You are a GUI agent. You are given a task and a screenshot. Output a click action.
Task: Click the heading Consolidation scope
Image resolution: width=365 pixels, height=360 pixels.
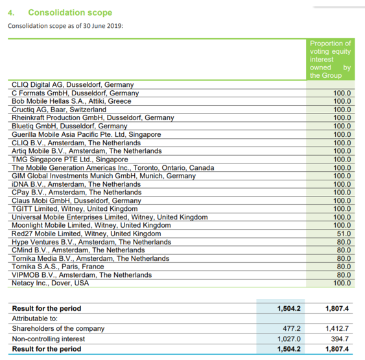pyautogui.click(x=70, y=12)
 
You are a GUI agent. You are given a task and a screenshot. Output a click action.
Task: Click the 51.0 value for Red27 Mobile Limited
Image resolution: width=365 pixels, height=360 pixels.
pyautogui.click(x=344, y=234)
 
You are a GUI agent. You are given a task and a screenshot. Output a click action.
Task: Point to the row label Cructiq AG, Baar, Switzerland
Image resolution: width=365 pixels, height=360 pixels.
pyautogui.click(x=59, y=110)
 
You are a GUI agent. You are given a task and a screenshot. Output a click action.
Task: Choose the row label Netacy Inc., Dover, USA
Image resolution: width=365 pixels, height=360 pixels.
pyautogui.click(x=51, y=283)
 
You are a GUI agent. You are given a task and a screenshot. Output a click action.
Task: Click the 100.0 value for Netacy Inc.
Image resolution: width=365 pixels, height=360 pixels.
pyautogui.click(x=342, y=283)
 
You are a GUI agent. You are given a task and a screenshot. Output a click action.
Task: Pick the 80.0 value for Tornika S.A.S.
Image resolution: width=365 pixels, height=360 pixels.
pyautogui.click(x=344, y=267)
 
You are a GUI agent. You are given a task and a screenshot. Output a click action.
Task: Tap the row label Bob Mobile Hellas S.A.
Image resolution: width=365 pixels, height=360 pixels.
pyautogui.click(x=71, y=101)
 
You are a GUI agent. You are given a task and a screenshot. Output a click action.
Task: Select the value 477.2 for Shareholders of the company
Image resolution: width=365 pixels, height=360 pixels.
pyautogui.click(x=292, y=329)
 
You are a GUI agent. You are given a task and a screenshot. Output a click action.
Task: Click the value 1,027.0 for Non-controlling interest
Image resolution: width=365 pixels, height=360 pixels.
pyautogui.click(x=289, y=339)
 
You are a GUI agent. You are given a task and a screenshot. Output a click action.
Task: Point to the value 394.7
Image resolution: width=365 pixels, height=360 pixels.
pyautogui.click(x=340, y=339)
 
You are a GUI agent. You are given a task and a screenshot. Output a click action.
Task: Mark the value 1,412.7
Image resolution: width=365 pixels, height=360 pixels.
pyautogui.click(x=337, y=329)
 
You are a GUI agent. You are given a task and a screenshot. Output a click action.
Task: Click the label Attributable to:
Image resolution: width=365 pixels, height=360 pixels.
pyautogui.click(x=34, y=318)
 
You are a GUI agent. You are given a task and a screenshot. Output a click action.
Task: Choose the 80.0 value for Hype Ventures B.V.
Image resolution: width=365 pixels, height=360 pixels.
pyautogui.click(x=344, y=242)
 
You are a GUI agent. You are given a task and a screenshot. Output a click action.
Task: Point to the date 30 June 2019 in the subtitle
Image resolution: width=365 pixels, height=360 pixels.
pyautogui.click(x=102, y=26)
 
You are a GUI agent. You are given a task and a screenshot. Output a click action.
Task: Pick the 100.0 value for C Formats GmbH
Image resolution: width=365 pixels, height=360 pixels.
pyautogui.click(x=342, y=93)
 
